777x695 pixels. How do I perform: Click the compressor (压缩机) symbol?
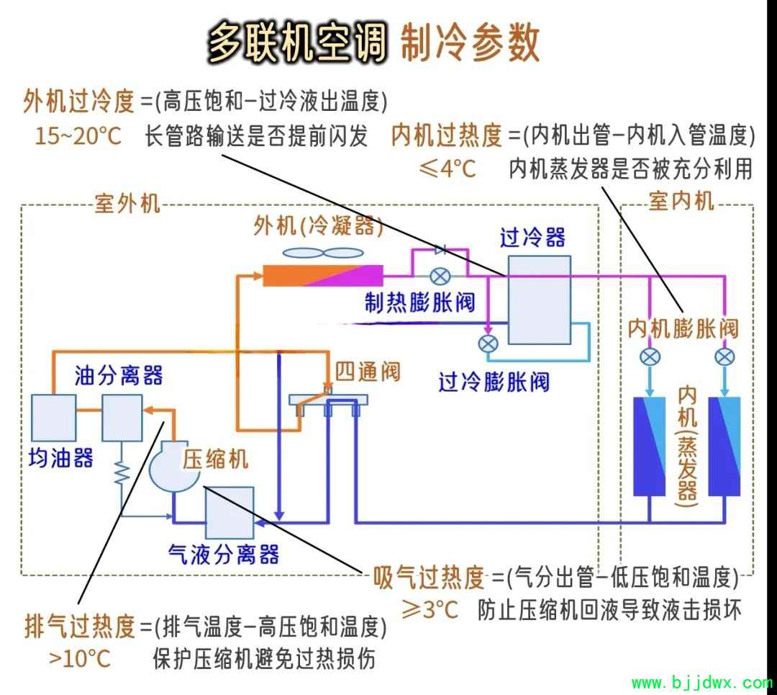point(173,466)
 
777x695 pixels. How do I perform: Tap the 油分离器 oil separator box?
point(122,418)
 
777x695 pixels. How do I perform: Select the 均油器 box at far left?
point(53,418)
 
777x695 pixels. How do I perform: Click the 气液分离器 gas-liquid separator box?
point(230,513)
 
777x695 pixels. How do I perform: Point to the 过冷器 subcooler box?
point(539,300)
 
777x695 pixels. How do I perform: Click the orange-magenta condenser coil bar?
point(322,276)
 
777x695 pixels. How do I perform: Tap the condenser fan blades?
point(323,253)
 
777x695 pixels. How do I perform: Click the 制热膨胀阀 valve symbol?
point(440,277)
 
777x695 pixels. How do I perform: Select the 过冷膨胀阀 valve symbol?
point(488,344)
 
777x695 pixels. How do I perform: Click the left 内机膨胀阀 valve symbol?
point(650,357)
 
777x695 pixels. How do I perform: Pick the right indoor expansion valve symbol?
point(724,357)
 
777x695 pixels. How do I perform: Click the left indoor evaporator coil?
point(650,447)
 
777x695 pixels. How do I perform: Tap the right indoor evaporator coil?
point(724,447)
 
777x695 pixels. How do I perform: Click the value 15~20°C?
point(78,135)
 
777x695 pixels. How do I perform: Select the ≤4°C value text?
point(447,169)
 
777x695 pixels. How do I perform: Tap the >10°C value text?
point(80,659)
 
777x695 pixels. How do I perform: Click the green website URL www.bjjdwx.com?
point(702,683)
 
